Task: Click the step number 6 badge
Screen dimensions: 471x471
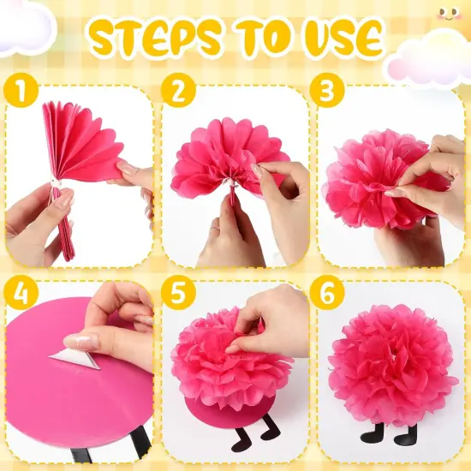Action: click(x=331, y=292)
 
